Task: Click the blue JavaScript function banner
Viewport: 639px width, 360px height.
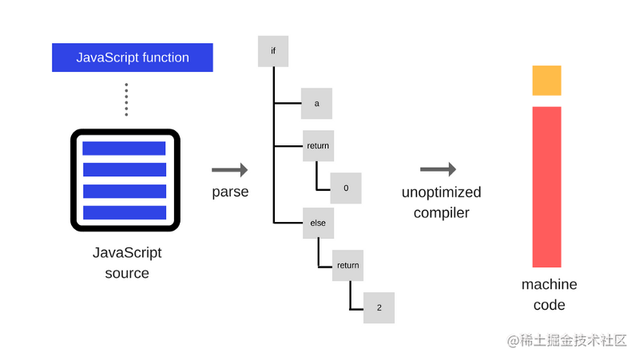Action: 133,57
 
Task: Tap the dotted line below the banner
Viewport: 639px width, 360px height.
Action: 126,99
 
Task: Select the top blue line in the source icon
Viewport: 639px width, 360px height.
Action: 124,148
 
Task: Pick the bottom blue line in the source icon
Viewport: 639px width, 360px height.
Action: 124,212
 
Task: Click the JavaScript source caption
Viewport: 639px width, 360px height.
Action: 127,263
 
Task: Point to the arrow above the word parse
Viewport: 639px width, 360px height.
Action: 229,170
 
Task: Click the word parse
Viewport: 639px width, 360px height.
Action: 230,192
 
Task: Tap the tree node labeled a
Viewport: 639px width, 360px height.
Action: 316,104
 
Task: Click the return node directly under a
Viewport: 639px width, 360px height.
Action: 317,146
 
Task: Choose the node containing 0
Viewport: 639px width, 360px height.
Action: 346,188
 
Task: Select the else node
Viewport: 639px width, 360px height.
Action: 318,224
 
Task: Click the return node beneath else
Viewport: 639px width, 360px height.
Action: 347,265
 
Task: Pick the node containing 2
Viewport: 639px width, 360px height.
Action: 379,307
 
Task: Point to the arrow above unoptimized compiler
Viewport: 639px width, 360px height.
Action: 438,169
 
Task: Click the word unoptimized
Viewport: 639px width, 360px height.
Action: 441,192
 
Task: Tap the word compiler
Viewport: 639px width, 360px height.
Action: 441,213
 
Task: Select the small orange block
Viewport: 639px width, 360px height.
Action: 547,81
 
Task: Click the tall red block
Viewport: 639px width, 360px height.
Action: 547,187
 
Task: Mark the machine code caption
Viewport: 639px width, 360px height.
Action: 549,295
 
